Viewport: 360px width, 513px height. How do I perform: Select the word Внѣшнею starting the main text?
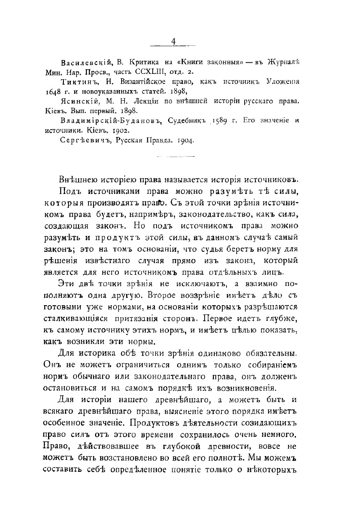click(78, 180)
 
